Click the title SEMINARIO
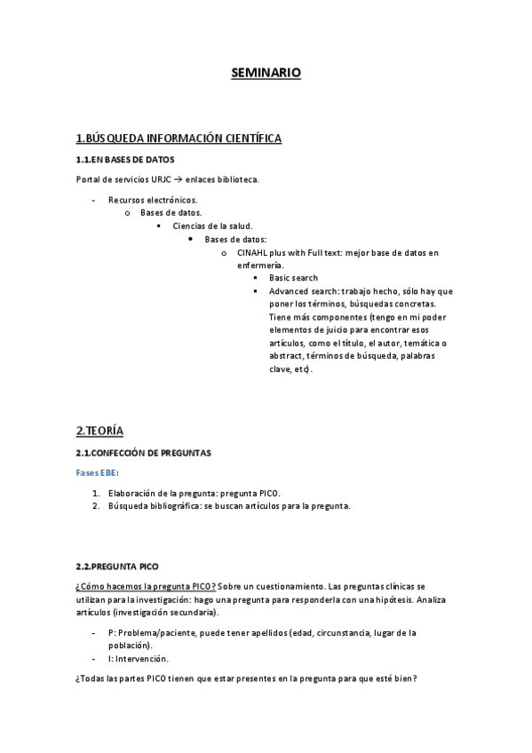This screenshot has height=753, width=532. pos(266,73)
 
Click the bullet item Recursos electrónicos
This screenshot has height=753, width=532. pos(152,201)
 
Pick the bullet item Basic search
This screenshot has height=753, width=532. pos(293,278)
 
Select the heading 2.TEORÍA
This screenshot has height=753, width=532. pos(99,431)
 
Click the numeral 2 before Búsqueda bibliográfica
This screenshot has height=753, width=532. pos(95,506)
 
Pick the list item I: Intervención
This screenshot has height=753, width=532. pos(139,659)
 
